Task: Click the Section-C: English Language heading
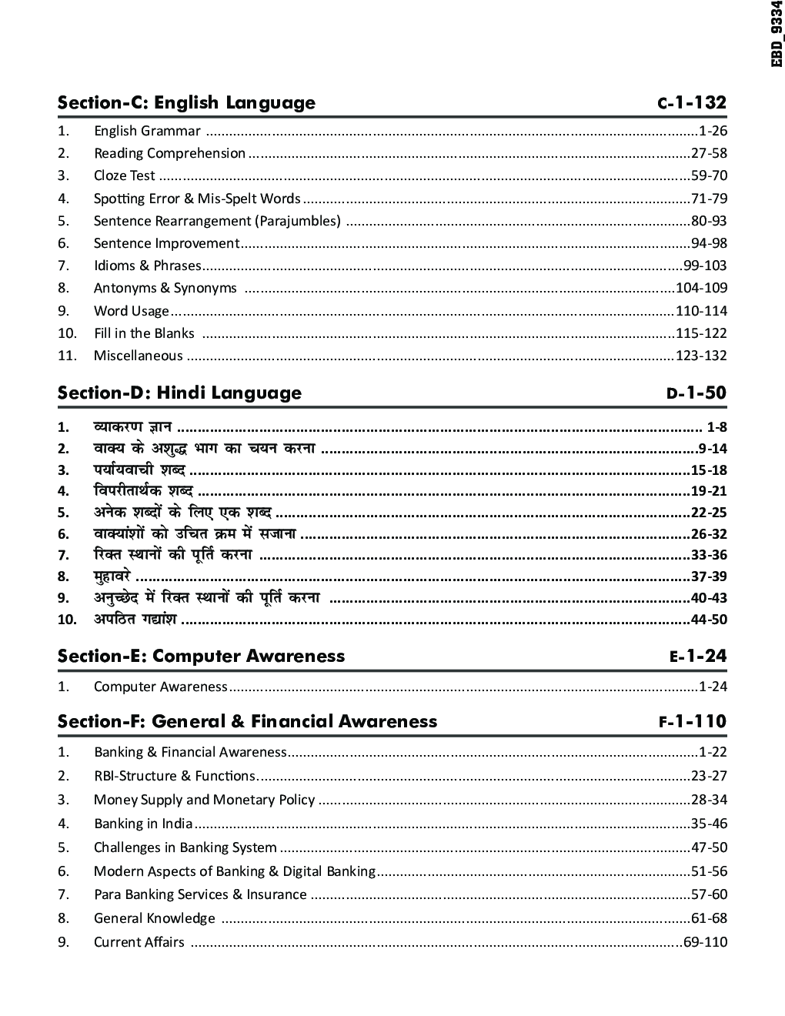coord(186,102)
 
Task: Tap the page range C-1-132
coord(691,102)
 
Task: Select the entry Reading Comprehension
coord(169,153)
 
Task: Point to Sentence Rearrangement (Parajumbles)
coord(217,221)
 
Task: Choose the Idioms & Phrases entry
coord(147,266)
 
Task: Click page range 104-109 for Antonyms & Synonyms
coord(700,288)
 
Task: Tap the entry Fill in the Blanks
coord(144,333)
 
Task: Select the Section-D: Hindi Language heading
coord(179,393)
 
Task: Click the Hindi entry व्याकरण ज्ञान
coord(132,426)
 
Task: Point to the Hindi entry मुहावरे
coord(112,577)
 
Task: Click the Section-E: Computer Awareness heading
coord(201,656)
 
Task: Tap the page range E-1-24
coord(697,657)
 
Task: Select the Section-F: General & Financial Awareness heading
coord(247,721)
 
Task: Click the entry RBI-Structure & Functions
coord(174,776)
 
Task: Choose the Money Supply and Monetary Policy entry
coord(204,800)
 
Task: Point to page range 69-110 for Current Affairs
coord(705,942)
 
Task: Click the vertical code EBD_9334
coord(777,34)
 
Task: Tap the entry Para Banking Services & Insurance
coord(200,894)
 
